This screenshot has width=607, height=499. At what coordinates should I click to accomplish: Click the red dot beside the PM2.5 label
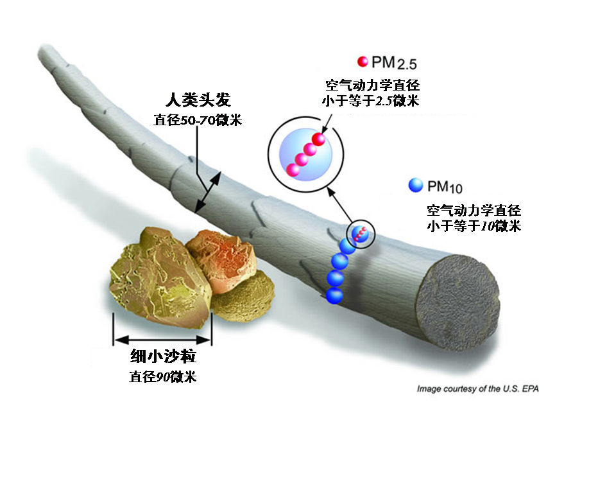[363, 62]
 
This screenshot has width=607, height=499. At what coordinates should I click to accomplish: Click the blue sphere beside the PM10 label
[416, 186]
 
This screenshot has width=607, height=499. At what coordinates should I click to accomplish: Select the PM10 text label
[445, 187]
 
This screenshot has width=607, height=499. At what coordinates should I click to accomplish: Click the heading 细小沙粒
[163, 356]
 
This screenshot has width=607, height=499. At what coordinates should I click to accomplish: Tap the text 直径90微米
[163, 376]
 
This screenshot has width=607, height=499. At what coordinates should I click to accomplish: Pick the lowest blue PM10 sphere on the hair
[334, 295]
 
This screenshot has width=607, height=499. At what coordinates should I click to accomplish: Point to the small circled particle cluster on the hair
[360, 234]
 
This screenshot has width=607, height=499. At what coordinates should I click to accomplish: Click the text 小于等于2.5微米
[372, 101]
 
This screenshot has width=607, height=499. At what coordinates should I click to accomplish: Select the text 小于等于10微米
[474, 225]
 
